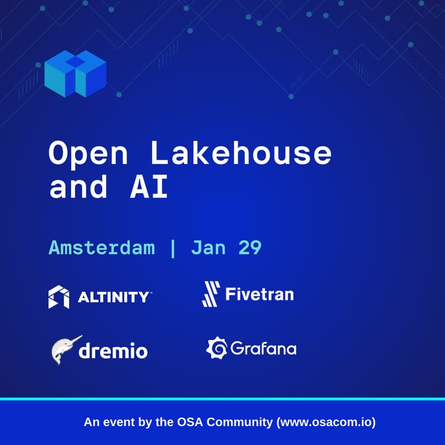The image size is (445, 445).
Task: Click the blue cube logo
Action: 75,73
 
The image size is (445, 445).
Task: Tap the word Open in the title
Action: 87,154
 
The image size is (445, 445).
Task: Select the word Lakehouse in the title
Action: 240,154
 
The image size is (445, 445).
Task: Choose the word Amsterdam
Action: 102,248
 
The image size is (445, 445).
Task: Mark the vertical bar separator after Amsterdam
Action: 173,248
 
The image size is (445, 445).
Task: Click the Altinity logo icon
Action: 59,296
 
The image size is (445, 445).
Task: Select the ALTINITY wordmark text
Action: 113,297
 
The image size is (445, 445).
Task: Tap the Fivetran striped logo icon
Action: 211,294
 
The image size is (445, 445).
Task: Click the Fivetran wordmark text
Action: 259,293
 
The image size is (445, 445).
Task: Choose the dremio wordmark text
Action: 113,351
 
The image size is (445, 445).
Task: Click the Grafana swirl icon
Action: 216,348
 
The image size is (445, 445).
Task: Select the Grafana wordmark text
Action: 263,349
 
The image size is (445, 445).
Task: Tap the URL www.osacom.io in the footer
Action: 325,422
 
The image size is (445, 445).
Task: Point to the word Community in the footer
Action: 241,422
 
